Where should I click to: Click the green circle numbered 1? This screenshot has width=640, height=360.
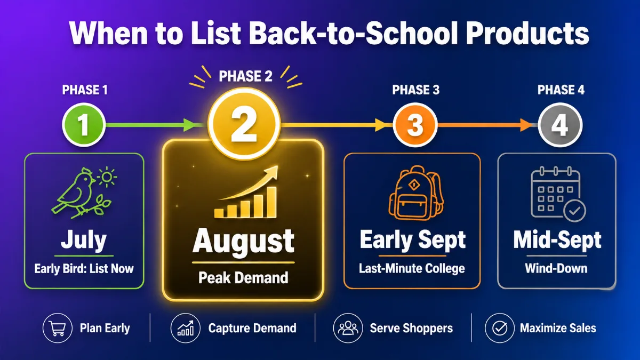[x=84, y=125]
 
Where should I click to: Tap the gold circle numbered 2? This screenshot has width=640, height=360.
[x=244, y=124]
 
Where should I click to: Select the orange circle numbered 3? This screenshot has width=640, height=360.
[x=415, y=125]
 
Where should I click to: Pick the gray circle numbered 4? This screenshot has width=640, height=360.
[x=560, y=125]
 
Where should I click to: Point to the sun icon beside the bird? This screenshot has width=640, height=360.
[x=107, y=177]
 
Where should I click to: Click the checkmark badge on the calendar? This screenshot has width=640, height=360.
[x=574, y=211]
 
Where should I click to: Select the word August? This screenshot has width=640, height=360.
[x=243, y=241]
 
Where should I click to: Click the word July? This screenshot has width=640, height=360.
[x=84, y=240]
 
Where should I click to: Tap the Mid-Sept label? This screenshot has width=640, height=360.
[x=557, y=240]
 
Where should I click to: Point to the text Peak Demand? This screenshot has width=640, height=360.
[x=243, y=277]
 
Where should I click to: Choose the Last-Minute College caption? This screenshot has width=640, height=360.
[x=412, y=268]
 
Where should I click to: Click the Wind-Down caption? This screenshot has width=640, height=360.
[x=556, y=268]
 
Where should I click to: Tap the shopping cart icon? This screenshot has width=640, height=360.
[x=57, y=329]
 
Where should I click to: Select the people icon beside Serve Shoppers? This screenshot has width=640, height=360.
[x=348, y=328]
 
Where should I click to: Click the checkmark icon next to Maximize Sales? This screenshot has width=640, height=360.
[x=500, y=328]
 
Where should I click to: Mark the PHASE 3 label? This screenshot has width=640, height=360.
[x=415, y=90]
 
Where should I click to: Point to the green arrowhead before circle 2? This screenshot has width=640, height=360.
[x=189, y=125]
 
